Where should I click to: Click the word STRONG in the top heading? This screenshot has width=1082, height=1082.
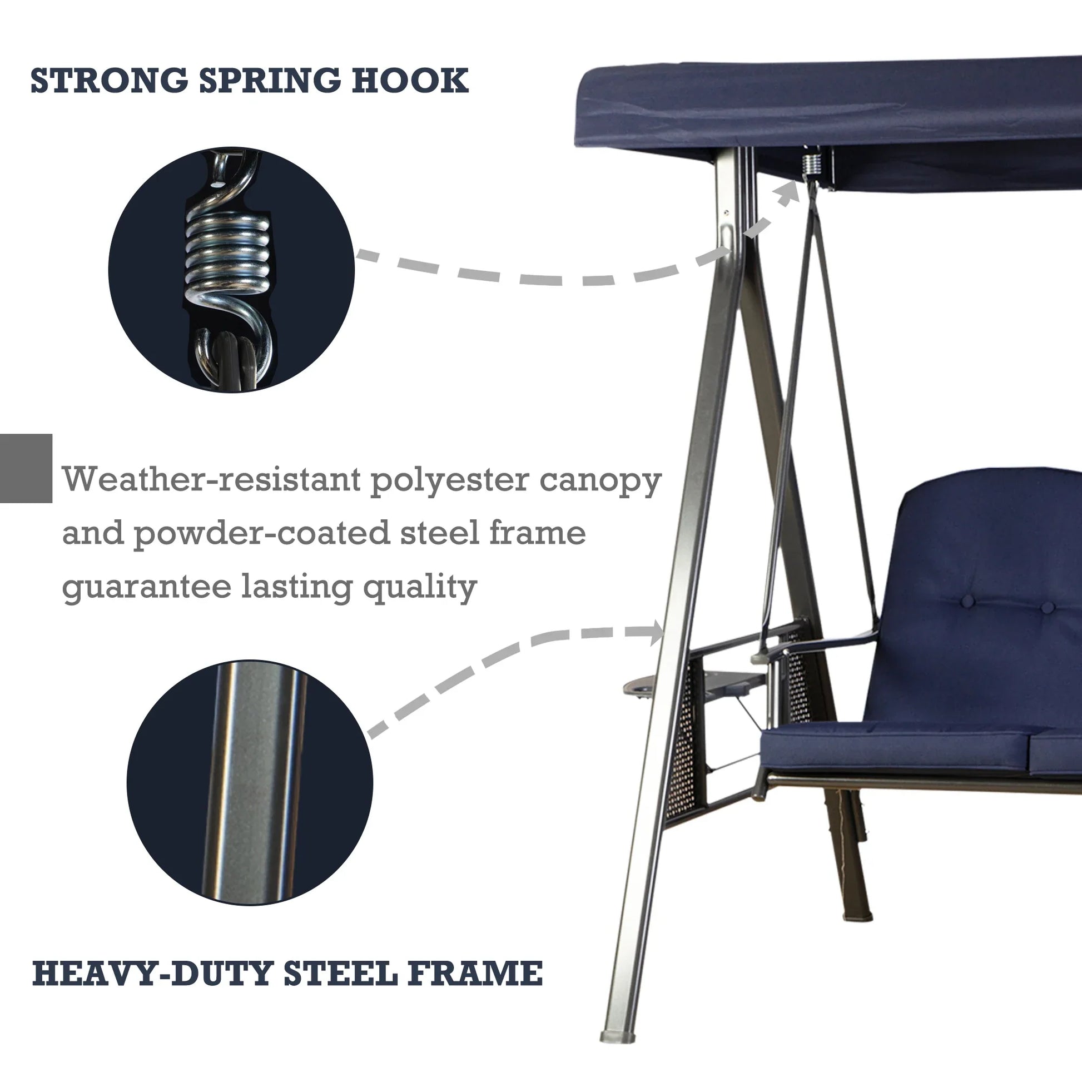pos(108,81)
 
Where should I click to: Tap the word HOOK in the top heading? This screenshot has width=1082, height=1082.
pos(410,81)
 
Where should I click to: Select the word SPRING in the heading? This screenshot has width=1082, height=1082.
pos(270,81)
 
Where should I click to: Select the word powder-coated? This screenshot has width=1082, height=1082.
pos(261,534)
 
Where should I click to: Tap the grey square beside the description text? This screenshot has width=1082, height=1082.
pos(26,468)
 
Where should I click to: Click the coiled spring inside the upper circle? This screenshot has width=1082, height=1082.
pos(227,249)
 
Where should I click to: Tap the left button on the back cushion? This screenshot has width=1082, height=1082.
pos(968,602)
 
